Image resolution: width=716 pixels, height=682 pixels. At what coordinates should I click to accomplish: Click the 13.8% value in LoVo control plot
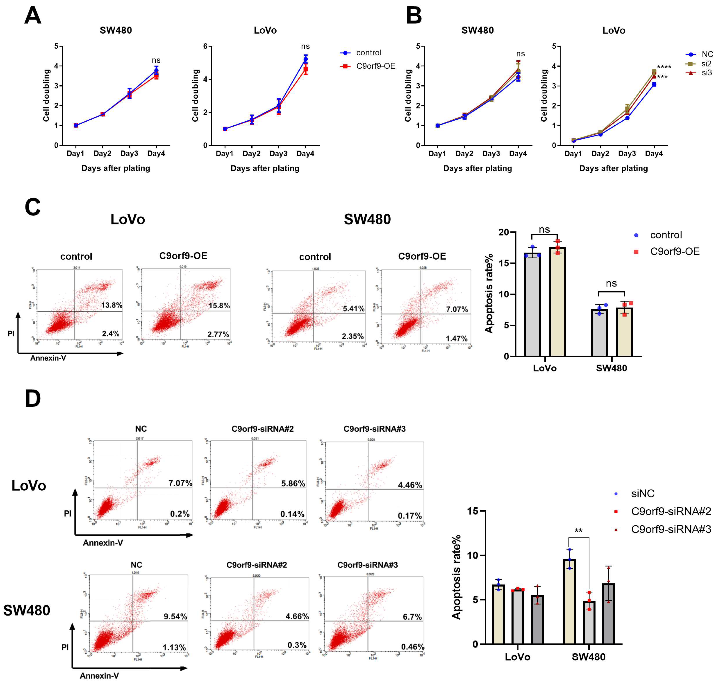pos(111,305)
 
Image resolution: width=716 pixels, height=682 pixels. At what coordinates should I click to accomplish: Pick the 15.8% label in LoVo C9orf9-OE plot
pos(219,305)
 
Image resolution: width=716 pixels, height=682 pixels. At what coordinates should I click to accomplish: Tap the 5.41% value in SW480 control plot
pos(353,309)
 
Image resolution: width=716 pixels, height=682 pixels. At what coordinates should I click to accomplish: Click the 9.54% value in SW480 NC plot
pos(175,616)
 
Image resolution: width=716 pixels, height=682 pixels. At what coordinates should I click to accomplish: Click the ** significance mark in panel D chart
pos(578,531)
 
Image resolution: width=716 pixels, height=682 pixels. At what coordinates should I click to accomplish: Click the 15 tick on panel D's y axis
pos(472,511)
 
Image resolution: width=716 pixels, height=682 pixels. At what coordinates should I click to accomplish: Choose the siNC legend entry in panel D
pos(642,494)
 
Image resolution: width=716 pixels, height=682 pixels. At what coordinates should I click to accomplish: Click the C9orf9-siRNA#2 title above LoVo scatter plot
pos(262,429)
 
